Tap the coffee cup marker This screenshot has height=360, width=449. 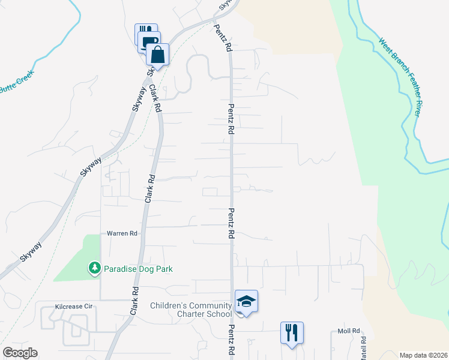[x=149, y=41]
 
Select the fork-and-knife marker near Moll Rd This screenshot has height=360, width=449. [x=292, y=332]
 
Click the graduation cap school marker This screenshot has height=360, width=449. [x=246, y=301]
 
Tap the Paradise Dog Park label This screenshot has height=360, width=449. [x=138, y=269]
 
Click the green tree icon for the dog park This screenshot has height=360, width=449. [x=94, y=268]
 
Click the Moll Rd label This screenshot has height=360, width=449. [x=348, y=331]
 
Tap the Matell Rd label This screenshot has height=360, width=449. [x=363, y=348]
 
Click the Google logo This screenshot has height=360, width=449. [x=20, y=353]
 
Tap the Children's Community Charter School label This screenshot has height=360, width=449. [x=191, y=310]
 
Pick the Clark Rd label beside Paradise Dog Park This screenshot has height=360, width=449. [x=134, y=301]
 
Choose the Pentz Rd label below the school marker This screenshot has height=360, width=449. [x=231, y=341]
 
